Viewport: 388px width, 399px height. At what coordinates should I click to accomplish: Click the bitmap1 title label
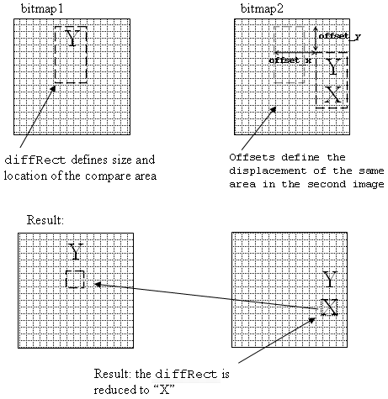click(42, 9)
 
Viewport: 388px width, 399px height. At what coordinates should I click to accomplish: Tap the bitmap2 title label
click(262, 9)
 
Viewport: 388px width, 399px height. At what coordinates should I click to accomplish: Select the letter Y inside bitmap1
click(72, 38)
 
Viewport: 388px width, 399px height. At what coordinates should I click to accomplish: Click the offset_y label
click(340, 36)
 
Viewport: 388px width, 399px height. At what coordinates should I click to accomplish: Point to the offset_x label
click(290, 60)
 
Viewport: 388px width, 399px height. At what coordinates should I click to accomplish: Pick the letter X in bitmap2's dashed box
click(333, 94)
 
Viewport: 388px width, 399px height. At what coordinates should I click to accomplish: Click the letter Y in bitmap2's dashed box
click(333, 66)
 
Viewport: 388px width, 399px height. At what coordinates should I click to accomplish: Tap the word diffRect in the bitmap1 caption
click(35, 160)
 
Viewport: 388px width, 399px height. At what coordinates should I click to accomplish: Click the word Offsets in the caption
click(252, 157)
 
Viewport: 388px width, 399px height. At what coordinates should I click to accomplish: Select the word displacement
click(268, 171)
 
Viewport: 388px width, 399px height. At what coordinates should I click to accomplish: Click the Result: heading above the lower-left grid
click(45, 220)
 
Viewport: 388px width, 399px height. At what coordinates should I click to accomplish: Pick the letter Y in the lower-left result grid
click(76, 251)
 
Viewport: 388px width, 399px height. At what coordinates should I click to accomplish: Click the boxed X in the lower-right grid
click(329, 307)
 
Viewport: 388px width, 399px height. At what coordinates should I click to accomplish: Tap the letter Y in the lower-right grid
click(329, 279)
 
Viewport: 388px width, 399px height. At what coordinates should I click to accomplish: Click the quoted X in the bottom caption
click(164, 390)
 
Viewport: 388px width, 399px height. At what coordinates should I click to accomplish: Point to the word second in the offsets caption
click(327, 184)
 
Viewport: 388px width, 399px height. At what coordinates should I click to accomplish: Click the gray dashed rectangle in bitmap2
click(274, 55)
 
